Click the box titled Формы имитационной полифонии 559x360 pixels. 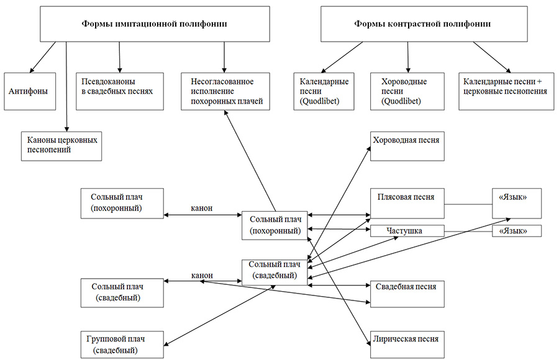click(155, 24)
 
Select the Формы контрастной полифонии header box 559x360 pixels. click(424, 24)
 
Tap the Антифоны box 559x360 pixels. click(30, 91)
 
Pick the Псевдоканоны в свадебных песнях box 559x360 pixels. click(120, 91)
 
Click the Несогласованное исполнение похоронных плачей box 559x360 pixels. click(225, 91)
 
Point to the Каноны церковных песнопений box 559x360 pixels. click(61, 146)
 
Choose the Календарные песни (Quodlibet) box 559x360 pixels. click(324, 91)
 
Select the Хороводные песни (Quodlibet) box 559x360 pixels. click(407, 91)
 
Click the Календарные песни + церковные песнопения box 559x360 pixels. click(506, 91)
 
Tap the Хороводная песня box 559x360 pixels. click(407, 146)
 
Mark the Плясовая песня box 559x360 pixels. click(407, 203)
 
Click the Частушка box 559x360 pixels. click(407, 231)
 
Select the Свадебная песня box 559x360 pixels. click(407, 294)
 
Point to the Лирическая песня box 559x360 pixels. click(407, 344)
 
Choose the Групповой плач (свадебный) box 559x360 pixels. click(122, 344)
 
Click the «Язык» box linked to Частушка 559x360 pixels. click(517, 231)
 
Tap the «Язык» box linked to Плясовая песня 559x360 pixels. click(517, 203)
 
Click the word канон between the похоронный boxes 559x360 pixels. click(202, 208)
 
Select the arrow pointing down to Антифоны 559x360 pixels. click(43, 57)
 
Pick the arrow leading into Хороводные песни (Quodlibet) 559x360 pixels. click(408, 57)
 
